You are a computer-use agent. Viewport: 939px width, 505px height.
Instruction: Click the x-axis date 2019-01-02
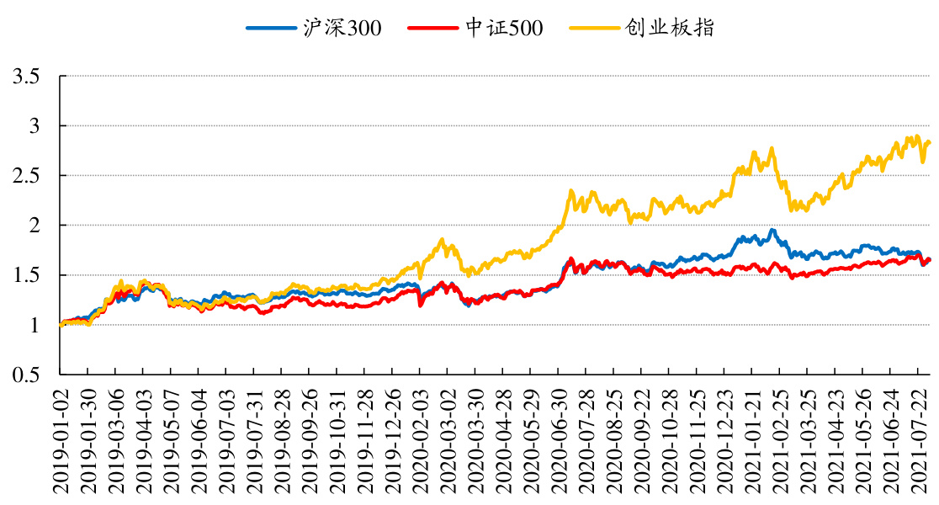click(61, 439)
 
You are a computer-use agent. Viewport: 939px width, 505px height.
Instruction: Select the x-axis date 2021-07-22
click(922, 439)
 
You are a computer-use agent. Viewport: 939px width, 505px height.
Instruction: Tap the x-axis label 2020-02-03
click(420, 439)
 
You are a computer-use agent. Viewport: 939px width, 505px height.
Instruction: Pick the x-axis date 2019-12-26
click(392, 439)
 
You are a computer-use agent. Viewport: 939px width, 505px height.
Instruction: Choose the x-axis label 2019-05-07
click(171, 439)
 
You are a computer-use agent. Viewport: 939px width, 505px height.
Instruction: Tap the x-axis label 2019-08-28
click(281, 439)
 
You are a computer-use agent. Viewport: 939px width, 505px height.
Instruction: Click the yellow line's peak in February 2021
click(771, 149)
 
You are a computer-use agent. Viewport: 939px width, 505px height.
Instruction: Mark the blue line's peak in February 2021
click(772, 230)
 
